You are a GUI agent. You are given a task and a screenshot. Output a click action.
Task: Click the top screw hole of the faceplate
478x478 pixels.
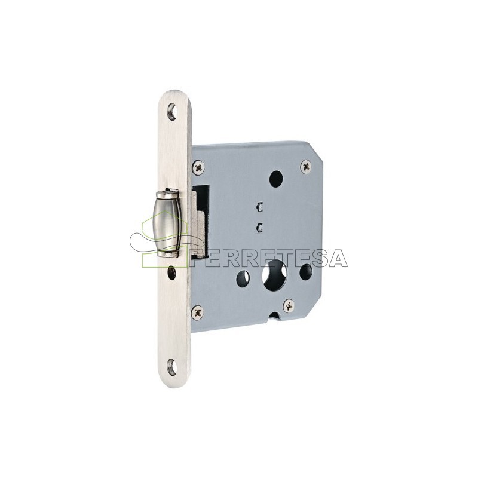pyautogui.click(x=172, y=112)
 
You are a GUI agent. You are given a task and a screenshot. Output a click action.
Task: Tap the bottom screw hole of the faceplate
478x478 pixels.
pyautogui.click(x=172, y=366)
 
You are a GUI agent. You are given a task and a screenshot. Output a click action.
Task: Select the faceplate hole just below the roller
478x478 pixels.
pyautogui.click(x=171, y=273)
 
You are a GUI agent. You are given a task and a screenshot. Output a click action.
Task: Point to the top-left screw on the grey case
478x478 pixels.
pyautogui.click(x=198, y=167)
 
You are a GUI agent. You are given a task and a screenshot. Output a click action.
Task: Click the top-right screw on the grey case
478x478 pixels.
pyautogui.click(x=306, y=167)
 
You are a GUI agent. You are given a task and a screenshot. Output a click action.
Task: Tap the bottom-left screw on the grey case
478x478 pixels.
pyautogui.click(x=198, y=312)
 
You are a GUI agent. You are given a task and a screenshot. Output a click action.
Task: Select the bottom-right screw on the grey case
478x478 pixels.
pyautogui.click(x=289, y=305)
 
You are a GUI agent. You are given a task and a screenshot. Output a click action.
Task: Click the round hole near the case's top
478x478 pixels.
pyautogui.click(x=276, y=179)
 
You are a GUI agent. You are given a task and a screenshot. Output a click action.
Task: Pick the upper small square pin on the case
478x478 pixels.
pyautogui.click(x=260, y=206)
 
